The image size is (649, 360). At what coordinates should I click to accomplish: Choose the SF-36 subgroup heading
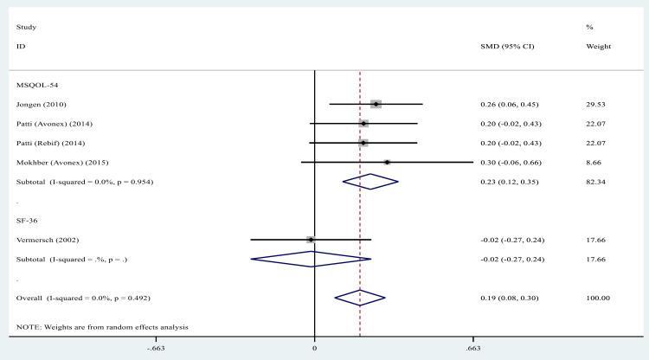26,219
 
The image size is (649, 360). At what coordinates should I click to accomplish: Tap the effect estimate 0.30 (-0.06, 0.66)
511,162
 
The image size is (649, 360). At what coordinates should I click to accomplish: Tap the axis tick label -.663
156,348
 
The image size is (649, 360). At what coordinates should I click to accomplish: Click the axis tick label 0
314,348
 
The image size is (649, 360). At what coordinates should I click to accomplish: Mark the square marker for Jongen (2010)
376,105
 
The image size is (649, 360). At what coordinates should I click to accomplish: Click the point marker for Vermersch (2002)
310,239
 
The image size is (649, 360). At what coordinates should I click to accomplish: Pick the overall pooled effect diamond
360,297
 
